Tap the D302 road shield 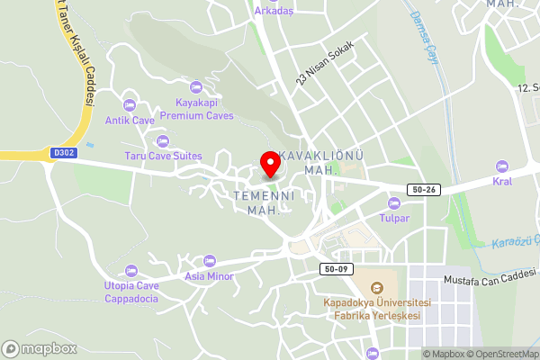coord(65,154)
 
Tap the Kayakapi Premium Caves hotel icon coord(197,87)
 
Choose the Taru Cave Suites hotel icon coord(163,140)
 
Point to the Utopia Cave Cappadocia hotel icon coord(131,270)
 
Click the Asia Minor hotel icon coord(210,260)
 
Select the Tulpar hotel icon coord(393,202)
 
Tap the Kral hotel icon coord(501,166)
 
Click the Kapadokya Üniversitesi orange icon coord(376,287)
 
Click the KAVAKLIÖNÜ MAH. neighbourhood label coord(320,162)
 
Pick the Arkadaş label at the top coord(274,11)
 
